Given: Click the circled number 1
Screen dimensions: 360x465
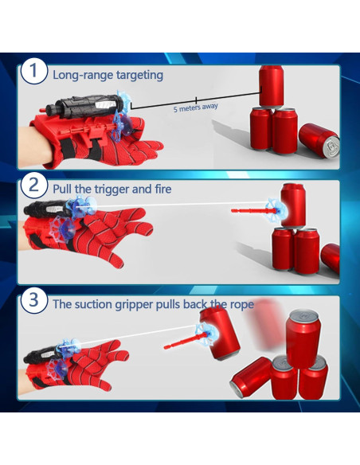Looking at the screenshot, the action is tap(33, 71).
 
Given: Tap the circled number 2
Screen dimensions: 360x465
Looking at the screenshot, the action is tap(33, 185).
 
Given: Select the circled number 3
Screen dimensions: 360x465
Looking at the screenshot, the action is tap(33, 300).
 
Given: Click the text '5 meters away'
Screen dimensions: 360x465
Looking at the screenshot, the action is tap(196, 107).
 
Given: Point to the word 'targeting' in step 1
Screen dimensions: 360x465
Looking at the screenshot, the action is tap(139, 76).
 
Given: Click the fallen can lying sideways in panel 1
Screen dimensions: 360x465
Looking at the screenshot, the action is tap(319, 141).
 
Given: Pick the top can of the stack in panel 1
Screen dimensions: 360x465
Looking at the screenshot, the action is tap(272, 86).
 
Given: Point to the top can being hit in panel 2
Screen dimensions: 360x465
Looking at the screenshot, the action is tap(293, 205).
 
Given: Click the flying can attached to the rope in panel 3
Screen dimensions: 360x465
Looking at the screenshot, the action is tap(220, 333).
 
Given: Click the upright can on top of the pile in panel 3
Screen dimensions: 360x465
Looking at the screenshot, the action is tap(303, 338).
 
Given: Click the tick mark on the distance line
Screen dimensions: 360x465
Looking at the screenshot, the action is tap(196, 100).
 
